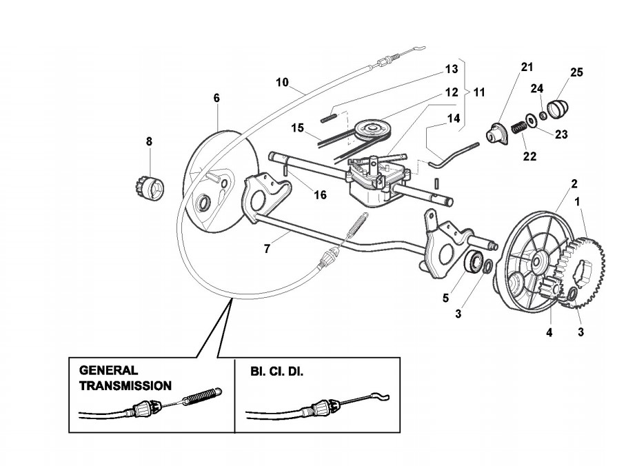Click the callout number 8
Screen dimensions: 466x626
pos(148,141)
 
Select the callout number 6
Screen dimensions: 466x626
pos(216,99)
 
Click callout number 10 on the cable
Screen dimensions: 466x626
pos(282,82)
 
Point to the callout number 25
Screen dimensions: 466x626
pos(576,72)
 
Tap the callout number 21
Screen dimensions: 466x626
pos(527,67)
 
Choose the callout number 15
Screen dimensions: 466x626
pos(297,128)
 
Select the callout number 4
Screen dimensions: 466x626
pos(549,332)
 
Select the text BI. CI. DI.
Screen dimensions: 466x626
pos(277,371)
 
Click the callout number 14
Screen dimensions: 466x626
pos(453,118)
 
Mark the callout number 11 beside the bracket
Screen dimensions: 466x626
pos(478,91)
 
